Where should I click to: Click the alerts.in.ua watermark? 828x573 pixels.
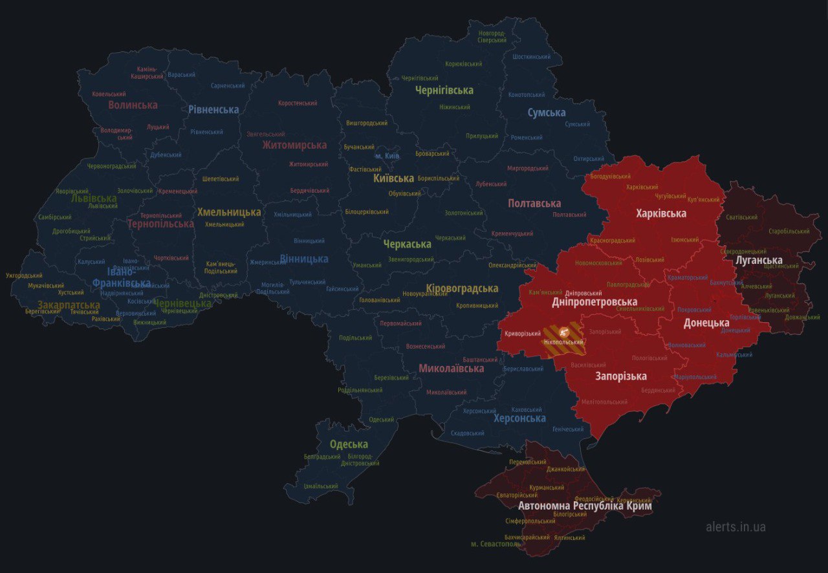pyautogui.click(x=735, y=526)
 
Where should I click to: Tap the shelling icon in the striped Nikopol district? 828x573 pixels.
pyautogui.click(x=563, y=330)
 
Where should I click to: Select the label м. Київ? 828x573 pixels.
pyautogui.click(x=387, y=157)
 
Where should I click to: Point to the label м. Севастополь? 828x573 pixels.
pyautogui.click(x=496, y=544)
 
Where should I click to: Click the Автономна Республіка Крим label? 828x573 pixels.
pyautogui.click(x=585, y=506)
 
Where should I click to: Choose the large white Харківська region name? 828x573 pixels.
pyautogui.click(x=660, y=213)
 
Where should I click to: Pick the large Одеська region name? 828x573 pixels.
pyautogui.click(x=349, y=444)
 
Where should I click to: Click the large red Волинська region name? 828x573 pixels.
pyautogui.click(x=133, y=105)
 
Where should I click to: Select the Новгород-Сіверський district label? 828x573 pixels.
pyautogui.click(x=492, y=36)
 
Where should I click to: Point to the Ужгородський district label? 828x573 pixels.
pyautogui.click(x=24, y=276)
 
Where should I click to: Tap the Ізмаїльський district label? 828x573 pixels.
pyautogui.click(x=321, y=486)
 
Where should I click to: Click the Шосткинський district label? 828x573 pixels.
pyautogui.click(x=531, y=57)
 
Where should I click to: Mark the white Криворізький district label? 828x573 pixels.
pyautogui.click(x=523, y=334)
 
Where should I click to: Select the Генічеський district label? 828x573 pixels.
pyautogui.click(x=567, y=429)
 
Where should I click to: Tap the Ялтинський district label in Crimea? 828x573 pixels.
pyautogui.click(x=569, y=537)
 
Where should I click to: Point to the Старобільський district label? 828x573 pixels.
pyautogui.click(x=789, y=231)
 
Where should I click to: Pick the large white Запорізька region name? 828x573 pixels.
pyautogui.click(x=620, y=376)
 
